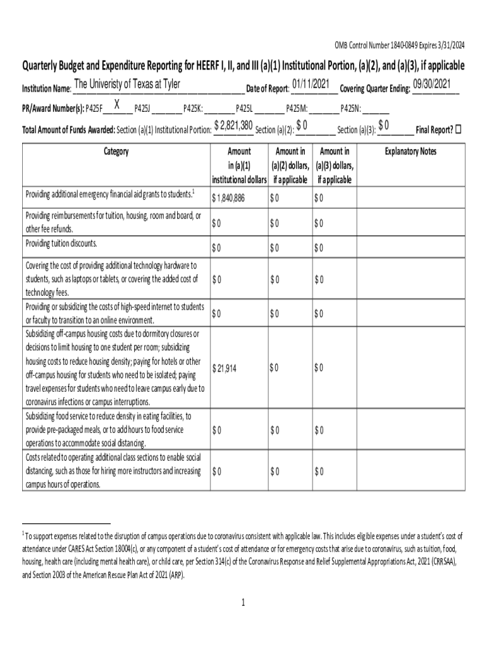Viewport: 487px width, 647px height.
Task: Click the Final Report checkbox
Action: [x=459, y=130]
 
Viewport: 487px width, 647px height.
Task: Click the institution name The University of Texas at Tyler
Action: [x=127, y=85]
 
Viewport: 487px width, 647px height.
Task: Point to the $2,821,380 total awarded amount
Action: [x=233, y=125]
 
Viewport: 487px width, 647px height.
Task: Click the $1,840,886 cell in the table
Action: [x=228, y=198]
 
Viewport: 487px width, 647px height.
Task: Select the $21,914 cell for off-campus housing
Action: [x=225, y=368]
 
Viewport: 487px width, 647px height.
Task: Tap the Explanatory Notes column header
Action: [x=410, y=152]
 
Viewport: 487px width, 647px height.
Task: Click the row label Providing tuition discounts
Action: [x=61, y=244]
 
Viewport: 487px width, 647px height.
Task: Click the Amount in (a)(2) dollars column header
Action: [x=290, y=166]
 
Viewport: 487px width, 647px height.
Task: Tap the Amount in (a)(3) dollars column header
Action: [x=335, y=166]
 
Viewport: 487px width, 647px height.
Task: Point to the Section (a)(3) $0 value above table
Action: [x=383, y=125]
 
